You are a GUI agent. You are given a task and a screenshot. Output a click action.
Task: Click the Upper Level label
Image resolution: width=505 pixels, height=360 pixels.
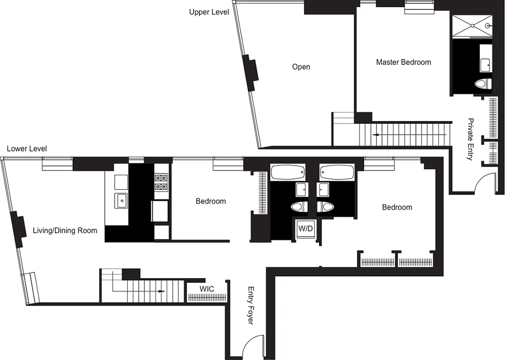click(x=209, y=12)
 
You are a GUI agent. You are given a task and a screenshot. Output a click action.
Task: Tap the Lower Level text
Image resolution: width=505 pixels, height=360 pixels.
click(x=27, y=149)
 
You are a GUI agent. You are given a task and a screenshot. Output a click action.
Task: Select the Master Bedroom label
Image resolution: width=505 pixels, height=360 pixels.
click(x=403, y=63)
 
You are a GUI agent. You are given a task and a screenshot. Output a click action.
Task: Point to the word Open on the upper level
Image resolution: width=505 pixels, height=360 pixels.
click(x=301, y=67)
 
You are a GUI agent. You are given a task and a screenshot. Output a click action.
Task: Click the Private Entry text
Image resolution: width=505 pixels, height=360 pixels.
click(x=470, y=139)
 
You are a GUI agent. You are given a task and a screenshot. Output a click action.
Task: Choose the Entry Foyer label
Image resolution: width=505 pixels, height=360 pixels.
click(x=250, y=306)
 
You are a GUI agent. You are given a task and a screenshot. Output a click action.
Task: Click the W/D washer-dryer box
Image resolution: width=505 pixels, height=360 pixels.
click(x=305, y=229)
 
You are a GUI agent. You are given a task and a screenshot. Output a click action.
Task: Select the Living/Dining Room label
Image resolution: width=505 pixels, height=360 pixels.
click(x=65, y=231)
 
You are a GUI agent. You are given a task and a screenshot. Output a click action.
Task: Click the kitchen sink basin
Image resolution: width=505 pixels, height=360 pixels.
click(x=121, y=201)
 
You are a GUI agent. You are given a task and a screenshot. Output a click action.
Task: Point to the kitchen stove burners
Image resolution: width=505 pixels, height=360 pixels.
click(x=161, y=182)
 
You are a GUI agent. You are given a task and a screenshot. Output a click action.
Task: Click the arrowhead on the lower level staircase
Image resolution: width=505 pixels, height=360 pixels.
click(x=161, y=292)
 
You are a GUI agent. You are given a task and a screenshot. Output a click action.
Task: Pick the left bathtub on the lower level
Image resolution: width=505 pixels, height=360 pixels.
click(x=287, y=172)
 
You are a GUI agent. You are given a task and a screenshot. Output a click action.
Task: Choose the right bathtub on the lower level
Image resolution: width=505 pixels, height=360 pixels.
click(x=337, y=172)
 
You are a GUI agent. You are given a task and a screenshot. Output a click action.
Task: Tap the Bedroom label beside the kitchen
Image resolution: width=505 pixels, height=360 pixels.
click(x=211, y=201)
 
